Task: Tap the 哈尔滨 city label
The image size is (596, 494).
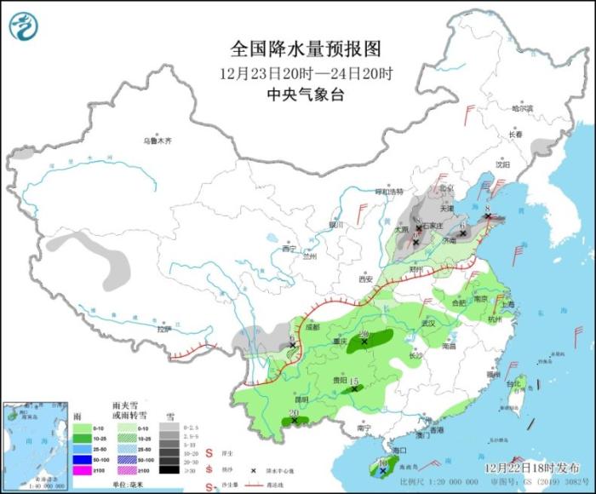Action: (x=522, y=109)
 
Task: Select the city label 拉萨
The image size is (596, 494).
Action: (x=164, y=328)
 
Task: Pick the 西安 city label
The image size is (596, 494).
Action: (x=365, y=279)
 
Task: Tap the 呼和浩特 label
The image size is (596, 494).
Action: (x=386, y=191)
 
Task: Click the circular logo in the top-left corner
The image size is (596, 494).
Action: (x=24, y=25)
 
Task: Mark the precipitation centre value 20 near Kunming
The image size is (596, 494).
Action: (x=294, y=414)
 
